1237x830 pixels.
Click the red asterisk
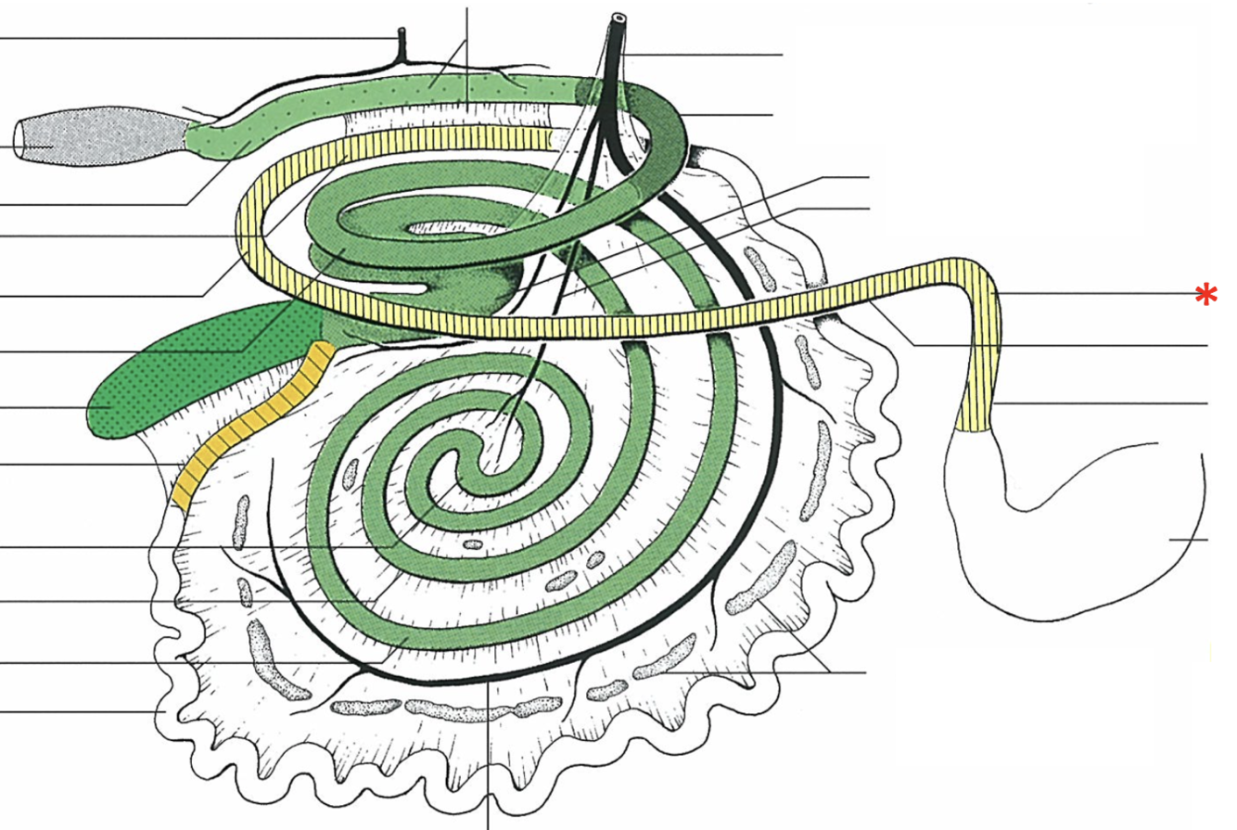pos(1205,296)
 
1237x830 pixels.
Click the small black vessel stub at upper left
pos(402,42)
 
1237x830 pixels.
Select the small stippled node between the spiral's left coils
pos(351,473)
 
